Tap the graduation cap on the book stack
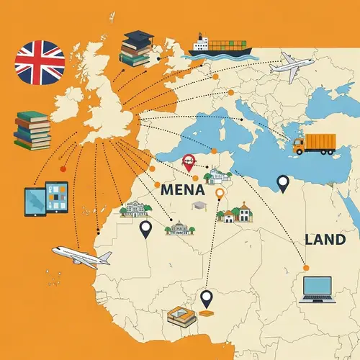pyautogui.click(x=136, y=37)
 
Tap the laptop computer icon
pyautogui.click(x=317, y=288)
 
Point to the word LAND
pyautogui.click(x=325, y=239)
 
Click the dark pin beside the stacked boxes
pyautogui.click(x=207, y=297)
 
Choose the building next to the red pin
pyautogui.click(x=216, y=174)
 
